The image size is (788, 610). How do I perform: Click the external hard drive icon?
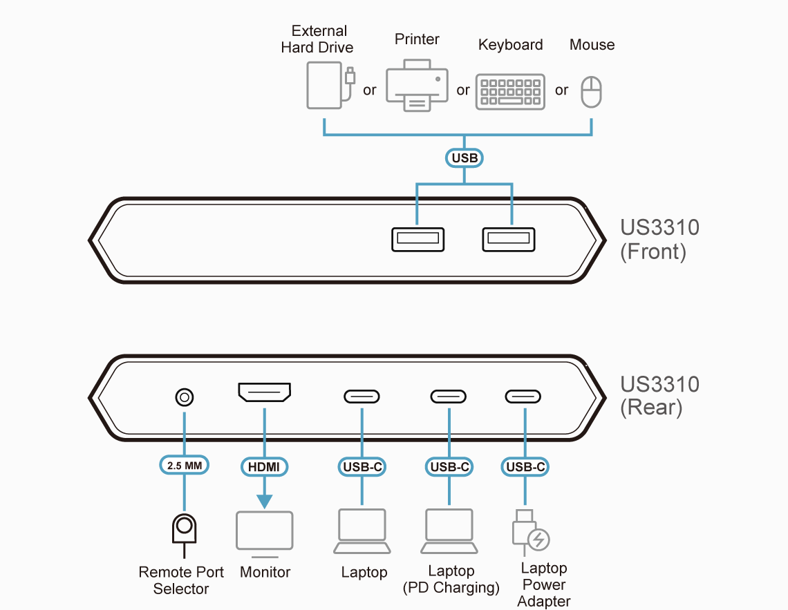(325, 85)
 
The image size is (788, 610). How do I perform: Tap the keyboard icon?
(511, 92)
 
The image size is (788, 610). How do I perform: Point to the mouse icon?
(592, 92)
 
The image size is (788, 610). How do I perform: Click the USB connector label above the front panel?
(465, 158)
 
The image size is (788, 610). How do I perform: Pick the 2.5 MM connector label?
(185, 466)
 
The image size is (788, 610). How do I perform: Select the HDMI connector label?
(264, 467)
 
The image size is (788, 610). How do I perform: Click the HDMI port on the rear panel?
(264, 392)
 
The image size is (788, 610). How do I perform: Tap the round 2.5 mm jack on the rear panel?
(184, 397)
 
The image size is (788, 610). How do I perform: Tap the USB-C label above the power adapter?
(525, 467)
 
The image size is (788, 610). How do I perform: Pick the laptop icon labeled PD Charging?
(449, 532)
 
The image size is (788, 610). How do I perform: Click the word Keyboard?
(511, 45)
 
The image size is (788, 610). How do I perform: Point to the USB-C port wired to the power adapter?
(523, 397)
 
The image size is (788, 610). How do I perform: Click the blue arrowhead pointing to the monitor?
(264, 502)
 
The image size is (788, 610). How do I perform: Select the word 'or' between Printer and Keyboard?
(463, 90)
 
